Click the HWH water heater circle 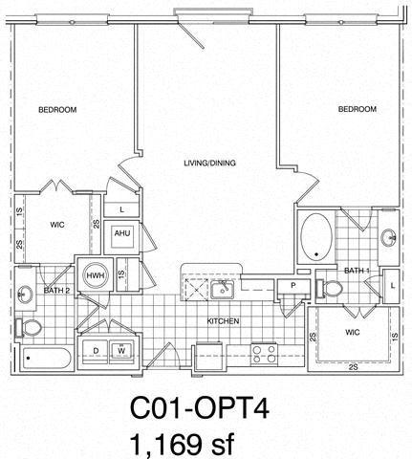click(x=96, y=275)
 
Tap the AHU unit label click(x=122, y=233)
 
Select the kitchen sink click(x=222, y=289)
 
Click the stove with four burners click(x=264, y=355)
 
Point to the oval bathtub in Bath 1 click(x=316, y=237)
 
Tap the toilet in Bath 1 click(x=329, y=289)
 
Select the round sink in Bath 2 click(x=25, y=295)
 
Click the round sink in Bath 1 click(x=388, y=238)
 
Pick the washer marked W click(x=121, y=351)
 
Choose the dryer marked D click(x=96, y=351)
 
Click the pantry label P click(x=293, y=286)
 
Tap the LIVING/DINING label click(x=210, y=164)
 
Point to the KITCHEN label click(x=223, y=321)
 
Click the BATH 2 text click(x=56, y=291)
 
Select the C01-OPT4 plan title click(x=200, y=409)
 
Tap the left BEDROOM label click(x=57, y=110)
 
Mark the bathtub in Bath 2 click(x=46, y=359)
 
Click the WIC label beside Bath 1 click(x=353, y=333)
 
